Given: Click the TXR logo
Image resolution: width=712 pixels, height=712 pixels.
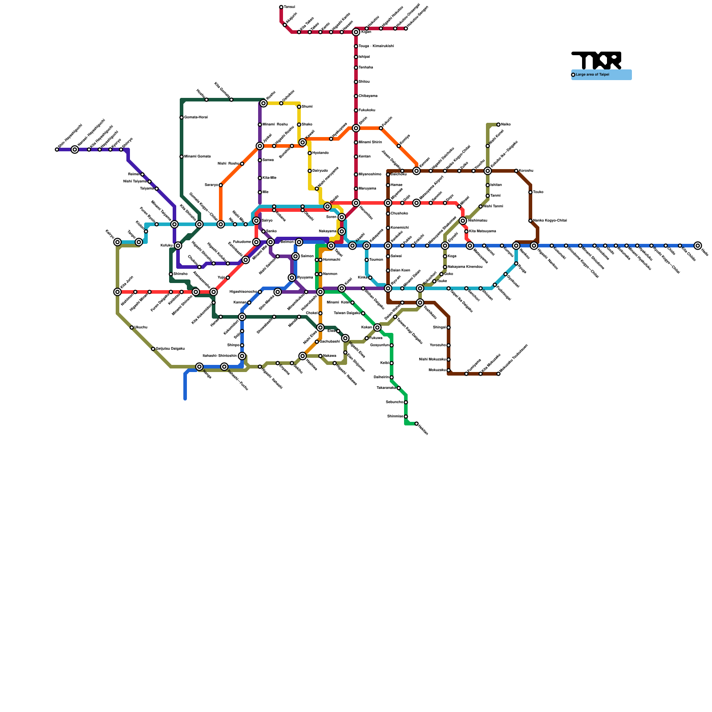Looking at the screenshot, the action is click(x=596, y=60).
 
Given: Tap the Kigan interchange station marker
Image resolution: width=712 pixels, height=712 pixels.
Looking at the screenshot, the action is click(x=356, y=32).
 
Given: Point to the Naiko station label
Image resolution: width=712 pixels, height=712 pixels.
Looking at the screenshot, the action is click(x=506, y=125).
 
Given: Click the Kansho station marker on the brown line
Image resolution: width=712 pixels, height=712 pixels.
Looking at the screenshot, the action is click(x=516, y=171).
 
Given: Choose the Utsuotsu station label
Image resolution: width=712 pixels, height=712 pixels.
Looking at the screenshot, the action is click(x=141, y=328).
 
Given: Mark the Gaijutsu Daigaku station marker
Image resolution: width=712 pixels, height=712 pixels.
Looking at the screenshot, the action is click(x=153, y=349).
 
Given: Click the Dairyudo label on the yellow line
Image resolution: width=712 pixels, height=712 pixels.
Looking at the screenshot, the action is click(x=320, y=171).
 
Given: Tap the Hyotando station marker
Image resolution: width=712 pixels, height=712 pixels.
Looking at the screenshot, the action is click(x=310, y=153).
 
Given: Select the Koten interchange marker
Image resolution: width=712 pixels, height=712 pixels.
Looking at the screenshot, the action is click(x=377, y=328).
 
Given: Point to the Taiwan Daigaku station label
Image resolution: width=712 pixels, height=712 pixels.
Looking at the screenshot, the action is click(x=347, y=313).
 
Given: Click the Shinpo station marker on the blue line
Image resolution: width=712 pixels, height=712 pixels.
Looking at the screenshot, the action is click(x=242, y=345).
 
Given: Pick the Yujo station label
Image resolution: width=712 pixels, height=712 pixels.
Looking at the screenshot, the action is click(x=221, y=278).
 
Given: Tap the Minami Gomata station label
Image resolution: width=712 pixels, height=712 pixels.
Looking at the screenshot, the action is click(x=197, y=157).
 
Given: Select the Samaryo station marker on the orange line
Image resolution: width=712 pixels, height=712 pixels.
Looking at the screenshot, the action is click(x=221, y=185).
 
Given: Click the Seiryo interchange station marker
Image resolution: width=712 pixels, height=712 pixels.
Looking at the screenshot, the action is click(x=256, y=221).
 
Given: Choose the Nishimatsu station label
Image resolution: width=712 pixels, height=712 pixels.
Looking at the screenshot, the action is click(x=477, y=221).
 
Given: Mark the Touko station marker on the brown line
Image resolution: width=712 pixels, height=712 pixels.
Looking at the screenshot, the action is click(x=530, y=192).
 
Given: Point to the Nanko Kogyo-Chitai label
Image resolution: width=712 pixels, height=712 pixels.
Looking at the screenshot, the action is click(x=550, y=221).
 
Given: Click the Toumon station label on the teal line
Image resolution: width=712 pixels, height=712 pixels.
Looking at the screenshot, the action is click(x=376, y=260).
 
